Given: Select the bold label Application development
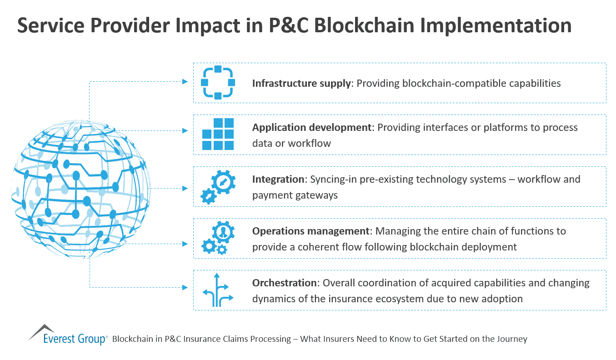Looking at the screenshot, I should click(312, 127).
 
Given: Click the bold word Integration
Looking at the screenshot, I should click(278, 179).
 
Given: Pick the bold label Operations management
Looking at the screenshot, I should click(311, 231).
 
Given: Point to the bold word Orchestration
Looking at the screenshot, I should click(284, 283).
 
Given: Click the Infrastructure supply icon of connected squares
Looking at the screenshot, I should click(218, 83).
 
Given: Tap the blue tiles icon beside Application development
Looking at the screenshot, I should click(218, 134).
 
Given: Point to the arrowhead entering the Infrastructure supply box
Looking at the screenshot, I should click(185, 82).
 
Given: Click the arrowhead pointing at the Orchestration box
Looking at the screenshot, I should click(185, 287).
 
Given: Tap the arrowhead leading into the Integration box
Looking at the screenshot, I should click(185, 188).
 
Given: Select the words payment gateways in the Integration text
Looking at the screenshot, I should click(295, 195).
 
